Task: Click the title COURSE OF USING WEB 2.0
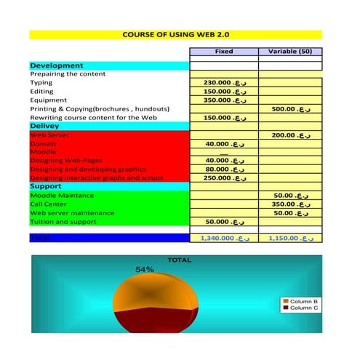point(175,34)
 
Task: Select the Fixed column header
point(224,52)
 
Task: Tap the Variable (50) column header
point(290,52)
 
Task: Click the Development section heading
point(57,65)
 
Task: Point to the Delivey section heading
point(49,126)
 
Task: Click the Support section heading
point(46,187)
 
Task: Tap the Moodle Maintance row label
point(62,196)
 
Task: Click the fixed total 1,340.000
point(223,238)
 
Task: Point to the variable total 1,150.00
point(290,238)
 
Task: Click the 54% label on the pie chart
point(145,270)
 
